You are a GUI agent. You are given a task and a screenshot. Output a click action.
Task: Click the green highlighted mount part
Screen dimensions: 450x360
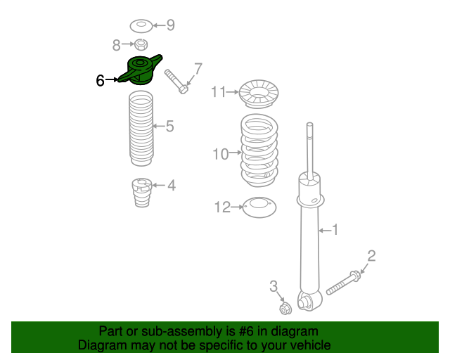tap(141, 70)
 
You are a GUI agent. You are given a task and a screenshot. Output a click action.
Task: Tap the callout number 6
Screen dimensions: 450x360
tap(100, 80)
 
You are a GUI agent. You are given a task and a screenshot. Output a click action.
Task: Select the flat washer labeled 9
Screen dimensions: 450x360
tap(141, 26)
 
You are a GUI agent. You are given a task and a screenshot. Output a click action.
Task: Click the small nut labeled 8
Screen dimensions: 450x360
tap(141, 44)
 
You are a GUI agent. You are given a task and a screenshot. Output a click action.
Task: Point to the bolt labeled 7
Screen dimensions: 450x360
tap(176, 82)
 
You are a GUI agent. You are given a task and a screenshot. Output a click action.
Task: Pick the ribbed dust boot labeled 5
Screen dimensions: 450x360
tap(141, 129)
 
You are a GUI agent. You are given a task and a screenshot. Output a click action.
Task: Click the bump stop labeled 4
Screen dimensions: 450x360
tap(142, 193)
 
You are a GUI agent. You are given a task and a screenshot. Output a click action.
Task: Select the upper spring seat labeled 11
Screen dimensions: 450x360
tap(259, 94)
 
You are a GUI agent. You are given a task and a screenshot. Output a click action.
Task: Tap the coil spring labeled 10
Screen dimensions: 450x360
tap(259, 150)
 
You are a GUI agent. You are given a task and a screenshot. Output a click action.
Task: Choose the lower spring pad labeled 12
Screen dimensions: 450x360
tap(259, 207)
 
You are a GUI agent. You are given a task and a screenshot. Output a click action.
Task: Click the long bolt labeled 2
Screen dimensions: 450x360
tap(344, 283)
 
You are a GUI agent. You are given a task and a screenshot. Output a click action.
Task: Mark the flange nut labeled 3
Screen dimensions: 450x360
tap(285, 308)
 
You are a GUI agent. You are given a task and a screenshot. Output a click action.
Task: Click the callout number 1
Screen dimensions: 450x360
tap(335, 230)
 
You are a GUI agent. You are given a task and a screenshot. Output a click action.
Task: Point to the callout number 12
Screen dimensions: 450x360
tap(222, 207)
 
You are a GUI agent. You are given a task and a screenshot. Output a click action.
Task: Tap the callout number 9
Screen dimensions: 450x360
tap(170, 25)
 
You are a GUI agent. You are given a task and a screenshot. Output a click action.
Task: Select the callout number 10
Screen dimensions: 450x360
tap(221, 154)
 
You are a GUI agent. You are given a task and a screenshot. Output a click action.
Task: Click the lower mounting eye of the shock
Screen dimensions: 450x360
tap(308, 301)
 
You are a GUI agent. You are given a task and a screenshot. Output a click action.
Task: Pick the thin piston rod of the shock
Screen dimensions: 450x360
tap(309, 151)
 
